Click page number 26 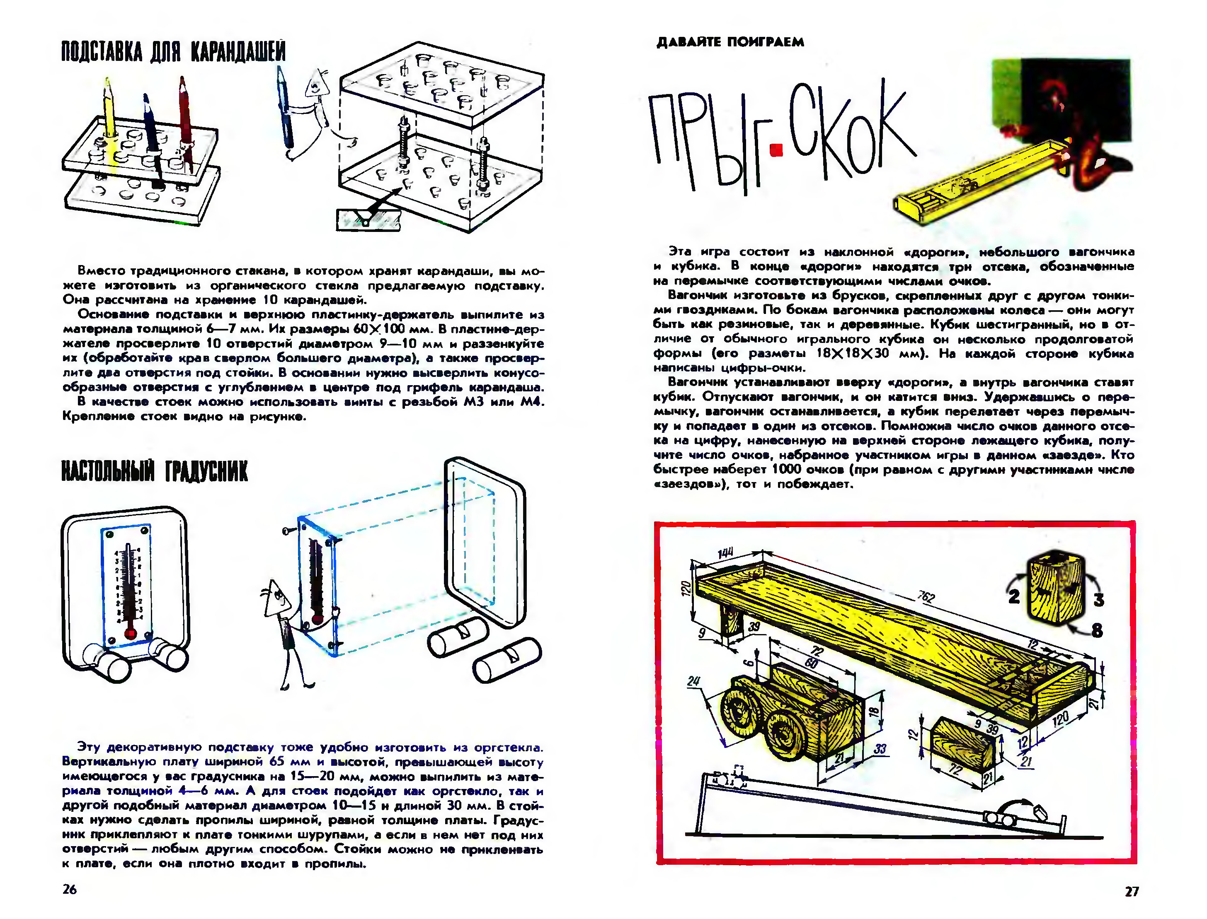70,889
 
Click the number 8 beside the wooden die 1096,631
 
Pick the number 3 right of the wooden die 1098,600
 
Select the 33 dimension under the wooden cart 879,748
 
